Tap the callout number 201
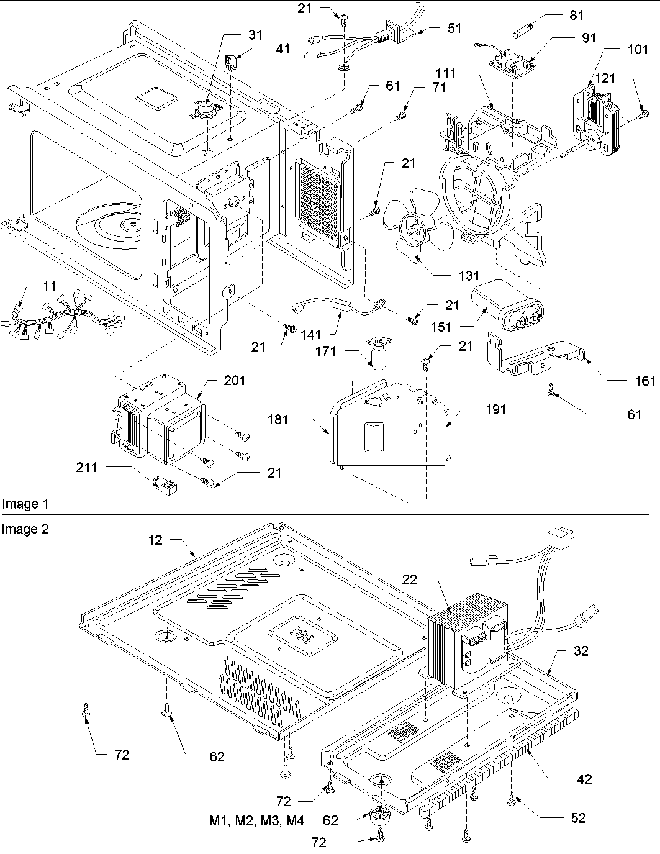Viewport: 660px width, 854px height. [235, 381]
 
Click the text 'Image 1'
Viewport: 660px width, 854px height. [25, 504]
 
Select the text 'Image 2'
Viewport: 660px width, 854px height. [25, 529]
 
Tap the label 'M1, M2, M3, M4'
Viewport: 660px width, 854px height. [256, 820]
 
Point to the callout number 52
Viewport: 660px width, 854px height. [578, 819]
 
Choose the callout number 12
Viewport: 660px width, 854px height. [155, 540]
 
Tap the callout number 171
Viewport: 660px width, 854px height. [342, 352]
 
